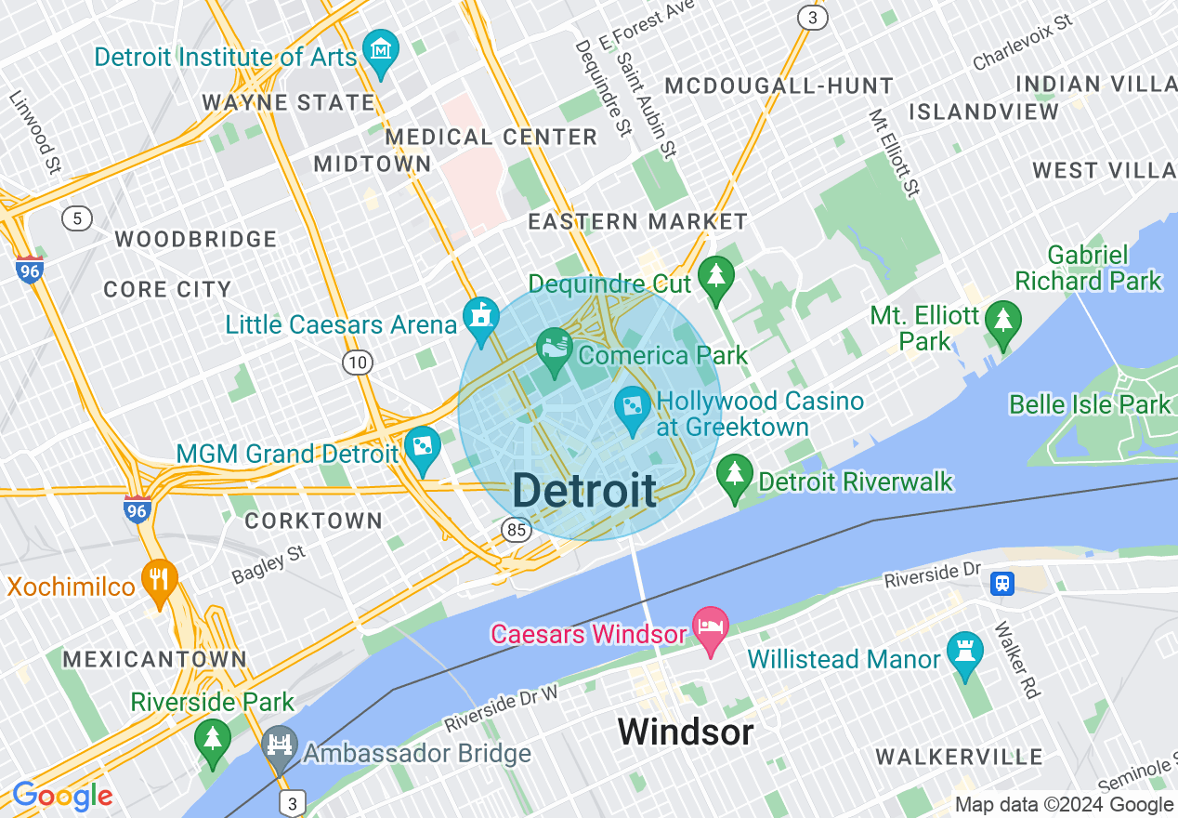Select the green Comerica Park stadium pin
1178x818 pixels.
[555, 349]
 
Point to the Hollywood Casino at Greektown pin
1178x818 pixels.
[633, 406]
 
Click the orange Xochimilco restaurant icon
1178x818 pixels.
[159, 579]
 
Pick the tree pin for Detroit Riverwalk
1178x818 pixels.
[735, 474]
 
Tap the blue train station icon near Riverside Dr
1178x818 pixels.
[1002, 583]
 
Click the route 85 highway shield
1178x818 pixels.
[517, 530]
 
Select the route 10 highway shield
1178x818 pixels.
[358, 362]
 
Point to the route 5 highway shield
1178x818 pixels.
[77, 219]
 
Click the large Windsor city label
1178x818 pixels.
[685, 732]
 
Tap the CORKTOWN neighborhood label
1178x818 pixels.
[314, 521]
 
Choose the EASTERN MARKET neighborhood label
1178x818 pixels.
[637, 221]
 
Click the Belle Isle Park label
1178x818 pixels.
[1090, 404]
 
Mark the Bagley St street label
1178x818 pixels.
[268, 565]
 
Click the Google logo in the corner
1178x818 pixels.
[62, 796]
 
